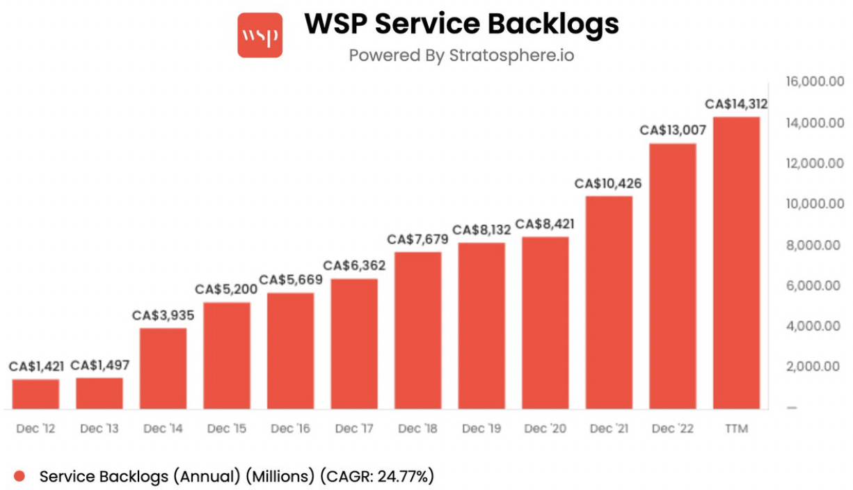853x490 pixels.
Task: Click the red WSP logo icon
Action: pyautogui.click(x=260, y=35)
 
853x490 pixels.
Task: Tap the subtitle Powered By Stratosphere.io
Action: pyautogui.click(x=461, y=55)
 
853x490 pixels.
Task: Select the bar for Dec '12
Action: pyautogui.click(x=35, y=394)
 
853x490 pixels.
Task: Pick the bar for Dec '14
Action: pyautogui.click(x=163, y=368)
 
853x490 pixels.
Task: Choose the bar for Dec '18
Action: pyautogui.click(x=418, y=330)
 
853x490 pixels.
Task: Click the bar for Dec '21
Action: pyautogui.click(x=609, y=302)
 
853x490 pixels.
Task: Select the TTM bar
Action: pyautogui.click(x=736, y=262)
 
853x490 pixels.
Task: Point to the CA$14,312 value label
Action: pyautogui.click(x=736, y=104)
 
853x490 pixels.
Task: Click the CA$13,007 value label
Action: pyautogui.click(x=673, y=130)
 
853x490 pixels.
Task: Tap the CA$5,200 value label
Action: pyautogui.click(x=227, y=289)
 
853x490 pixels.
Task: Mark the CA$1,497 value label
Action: pyautogui.click(x=100, y=365)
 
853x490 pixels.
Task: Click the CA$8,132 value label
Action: pyautogui.click(x=481, y=230)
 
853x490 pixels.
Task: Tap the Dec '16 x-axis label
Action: pyautogui.click(x=290, y=429)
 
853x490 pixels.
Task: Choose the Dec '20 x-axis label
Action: pyautogui.click(x=545, y=429)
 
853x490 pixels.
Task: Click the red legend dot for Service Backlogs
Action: pyautogui.click(x=19, y=477)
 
